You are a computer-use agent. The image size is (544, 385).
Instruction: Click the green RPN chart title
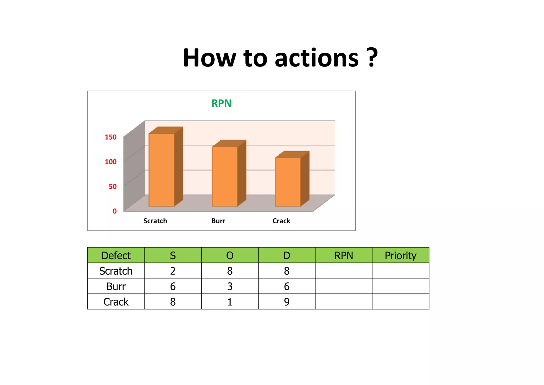[x=221, y=103]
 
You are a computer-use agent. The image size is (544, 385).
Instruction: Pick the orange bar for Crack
[x=288, y=182]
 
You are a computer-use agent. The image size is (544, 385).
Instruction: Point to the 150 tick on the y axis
[x=111, y=137]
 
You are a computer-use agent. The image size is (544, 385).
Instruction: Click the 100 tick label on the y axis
[x=111, y=162]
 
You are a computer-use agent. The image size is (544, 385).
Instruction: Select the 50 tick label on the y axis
[x=113, y=187]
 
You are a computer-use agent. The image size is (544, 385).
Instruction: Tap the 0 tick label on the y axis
[x=115, y=211]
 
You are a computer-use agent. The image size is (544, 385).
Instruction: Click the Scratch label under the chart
[x=155, y=221]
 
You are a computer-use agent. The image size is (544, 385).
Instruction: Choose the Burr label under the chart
[x=218, y=221]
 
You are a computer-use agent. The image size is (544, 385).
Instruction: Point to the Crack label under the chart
[x=281, y=221]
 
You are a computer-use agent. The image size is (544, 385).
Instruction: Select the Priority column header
[x=400, y=256]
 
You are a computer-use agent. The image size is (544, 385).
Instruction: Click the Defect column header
[x=116, y=256]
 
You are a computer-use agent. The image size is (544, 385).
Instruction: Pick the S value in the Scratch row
[x=173, y=271]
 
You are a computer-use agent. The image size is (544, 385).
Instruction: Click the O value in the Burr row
[x=230, y=286]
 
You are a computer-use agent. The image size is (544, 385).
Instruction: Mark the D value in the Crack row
[x=287, y=302]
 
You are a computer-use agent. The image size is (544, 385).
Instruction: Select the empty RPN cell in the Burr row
[x=343, y=286]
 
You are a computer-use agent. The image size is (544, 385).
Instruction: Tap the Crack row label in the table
[x=116, y=302]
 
